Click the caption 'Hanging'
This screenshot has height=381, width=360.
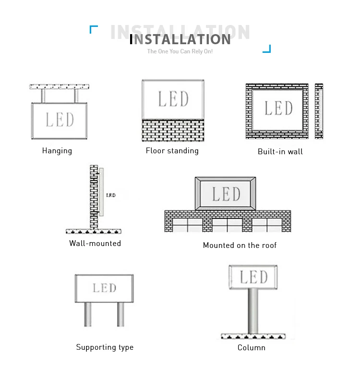[57, 151]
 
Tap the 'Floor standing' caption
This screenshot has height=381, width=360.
[172, 151]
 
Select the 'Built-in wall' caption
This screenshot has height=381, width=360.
[280, 152]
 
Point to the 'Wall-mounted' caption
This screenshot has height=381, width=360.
[95, 244]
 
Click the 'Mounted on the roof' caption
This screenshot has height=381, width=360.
[240, 246]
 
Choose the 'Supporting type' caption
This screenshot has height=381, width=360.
[105, 347]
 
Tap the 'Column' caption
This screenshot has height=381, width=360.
[252, 348]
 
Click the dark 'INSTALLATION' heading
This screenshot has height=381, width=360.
[181, 39]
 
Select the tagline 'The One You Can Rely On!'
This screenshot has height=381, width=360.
[180, 51]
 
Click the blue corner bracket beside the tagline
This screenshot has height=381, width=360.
[267, 49]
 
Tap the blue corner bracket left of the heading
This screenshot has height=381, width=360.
[93, 29]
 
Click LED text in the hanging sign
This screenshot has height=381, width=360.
[60, 120]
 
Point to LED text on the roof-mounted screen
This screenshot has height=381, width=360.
[226, 195]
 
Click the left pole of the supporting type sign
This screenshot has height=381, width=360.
[88, 314]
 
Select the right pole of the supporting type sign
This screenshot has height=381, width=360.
[120, 314]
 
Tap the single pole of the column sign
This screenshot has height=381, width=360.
[252, 310]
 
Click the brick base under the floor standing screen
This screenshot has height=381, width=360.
[173, 131]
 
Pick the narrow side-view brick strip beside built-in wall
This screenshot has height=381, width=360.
[319, 111]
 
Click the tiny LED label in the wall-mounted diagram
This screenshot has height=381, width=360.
[110, 195]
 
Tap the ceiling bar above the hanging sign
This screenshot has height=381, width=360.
[60, 87]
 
